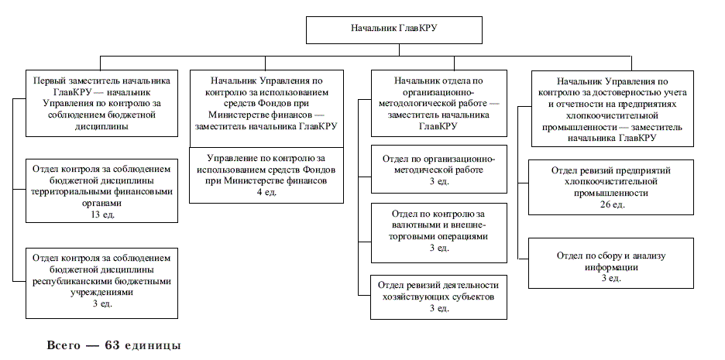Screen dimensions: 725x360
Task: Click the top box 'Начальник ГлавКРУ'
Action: point(394,30)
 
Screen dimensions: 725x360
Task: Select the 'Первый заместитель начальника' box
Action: point(101,103)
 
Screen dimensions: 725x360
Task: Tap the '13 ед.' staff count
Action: point(101,214)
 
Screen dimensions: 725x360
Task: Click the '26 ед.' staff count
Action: point(611,204)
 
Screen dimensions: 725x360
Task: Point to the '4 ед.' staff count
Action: point(266,192)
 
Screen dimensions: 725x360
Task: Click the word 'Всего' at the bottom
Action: point(64,345)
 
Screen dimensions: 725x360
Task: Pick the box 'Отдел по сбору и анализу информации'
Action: point(611,263)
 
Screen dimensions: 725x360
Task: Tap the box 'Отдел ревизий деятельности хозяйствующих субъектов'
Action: point(438,297)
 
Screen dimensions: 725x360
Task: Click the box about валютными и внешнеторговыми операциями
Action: point(438,233)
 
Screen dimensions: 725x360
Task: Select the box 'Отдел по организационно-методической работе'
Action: point(438,169)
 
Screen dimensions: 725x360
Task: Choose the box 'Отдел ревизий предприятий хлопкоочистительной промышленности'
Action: point(611,187)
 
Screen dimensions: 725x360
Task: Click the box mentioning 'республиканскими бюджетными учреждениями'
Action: point(101,283)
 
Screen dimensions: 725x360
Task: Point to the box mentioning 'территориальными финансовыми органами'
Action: point(101,191)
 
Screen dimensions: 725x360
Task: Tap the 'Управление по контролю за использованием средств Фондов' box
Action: point(266,175)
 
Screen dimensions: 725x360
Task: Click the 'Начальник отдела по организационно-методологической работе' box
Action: point(438,103)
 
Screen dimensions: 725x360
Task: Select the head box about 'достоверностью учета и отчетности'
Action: point(613,108)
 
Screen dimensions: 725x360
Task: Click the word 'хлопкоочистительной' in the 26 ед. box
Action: point(611,182)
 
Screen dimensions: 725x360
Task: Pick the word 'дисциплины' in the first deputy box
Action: point(101,126)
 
